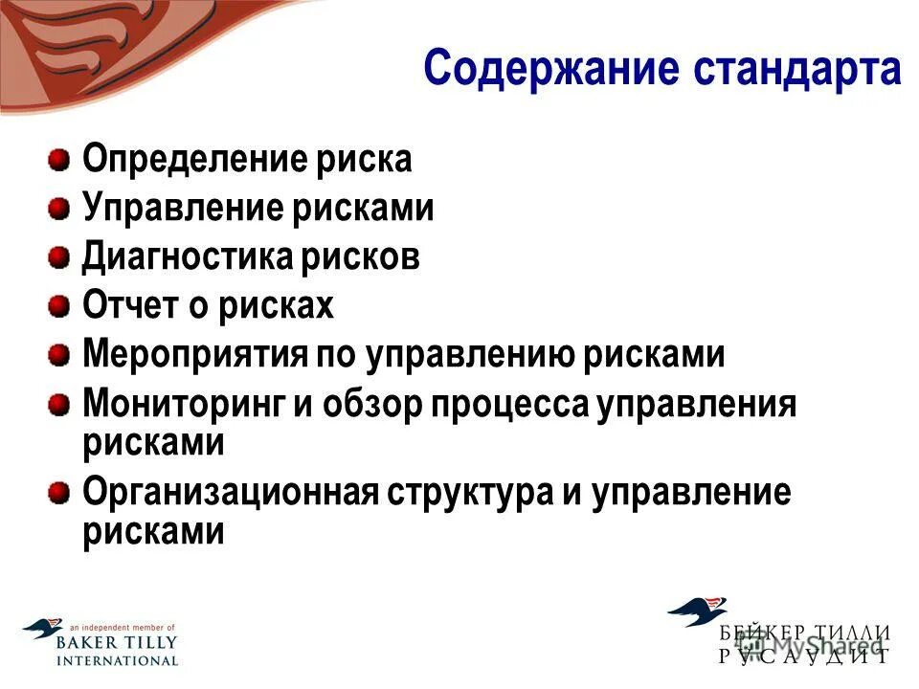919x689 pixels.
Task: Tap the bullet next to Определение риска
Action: (x=59, y=157)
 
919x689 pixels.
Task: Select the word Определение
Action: (x=191, y=159)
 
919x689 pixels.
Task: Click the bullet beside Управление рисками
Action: (x=59, y=207)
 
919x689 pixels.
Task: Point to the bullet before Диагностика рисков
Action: (x=59, y=256)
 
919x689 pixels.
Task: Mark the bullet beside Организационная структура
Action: (x=59, y=492)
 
